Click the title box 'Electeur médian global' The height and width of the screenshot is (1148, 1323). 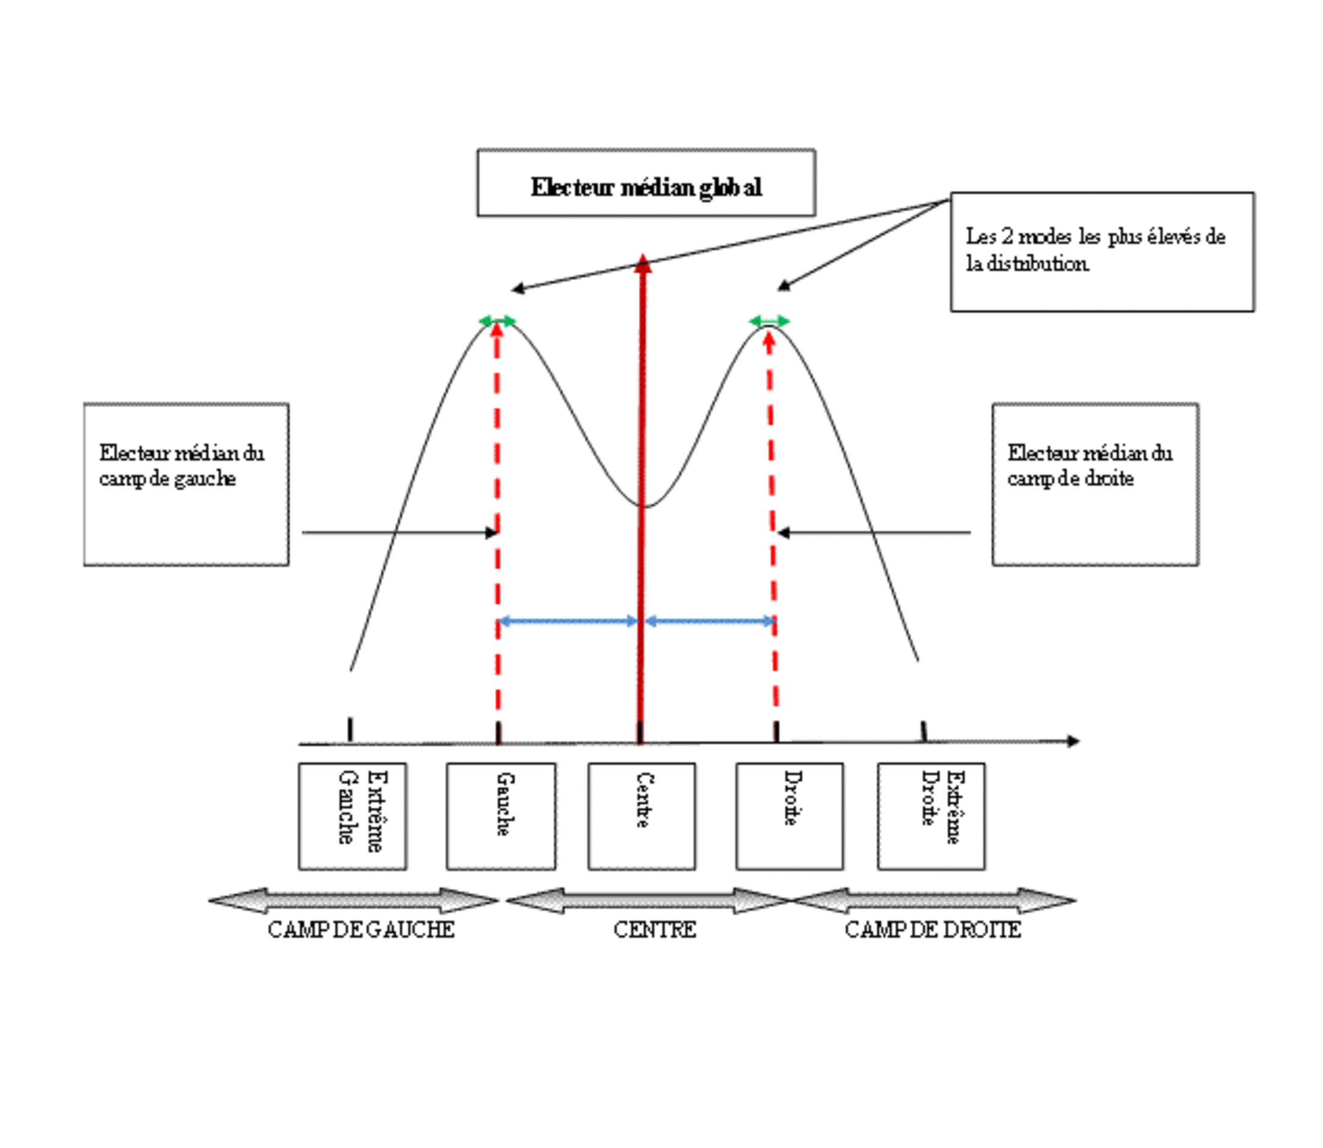coord(646,183)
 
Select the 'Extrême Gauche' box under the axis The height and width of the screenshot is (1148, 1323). coord(352,815)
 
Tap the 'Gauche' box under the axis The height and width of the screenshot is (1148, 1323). coord(501,815)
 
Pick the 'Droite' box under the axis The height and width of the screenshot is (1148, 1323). coord(790,815)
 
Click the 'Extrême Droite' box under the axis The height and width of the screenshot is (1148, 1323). coord(931,815)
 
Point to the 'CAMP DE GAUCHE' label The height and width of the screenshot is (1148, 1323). coord(361,930)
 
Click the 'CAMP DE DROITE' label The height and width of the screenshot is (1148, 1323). coord(933,930)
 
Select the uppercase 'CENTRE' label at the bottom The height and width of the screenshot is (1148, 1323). coord(655,930)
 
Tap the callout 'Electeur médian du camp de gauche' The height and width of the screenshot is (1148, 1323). coord(186,484)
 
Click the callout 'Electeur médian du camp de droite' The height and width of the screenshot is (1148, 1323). coord(1096,484)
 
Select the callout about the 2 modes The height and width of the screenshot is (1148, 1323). coord(1102,252)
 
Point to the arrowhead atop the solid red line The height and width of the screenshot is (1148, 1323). coord(643,263)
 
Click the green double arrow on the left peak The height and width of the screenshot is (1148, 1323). coord(497,321)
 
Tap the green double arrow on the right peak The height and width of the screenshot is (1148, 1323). coord(770,321)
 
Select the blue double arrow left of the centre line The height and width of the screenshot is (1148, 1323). coord(568,621)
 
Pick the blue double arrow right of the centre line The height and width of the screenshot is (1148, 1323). coord(710,621)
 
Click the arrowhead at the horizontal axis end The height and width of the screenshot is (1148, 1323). coord(1073,741)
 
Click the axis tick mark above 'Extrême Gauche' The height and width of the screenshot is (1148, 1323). coord(350,729)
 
